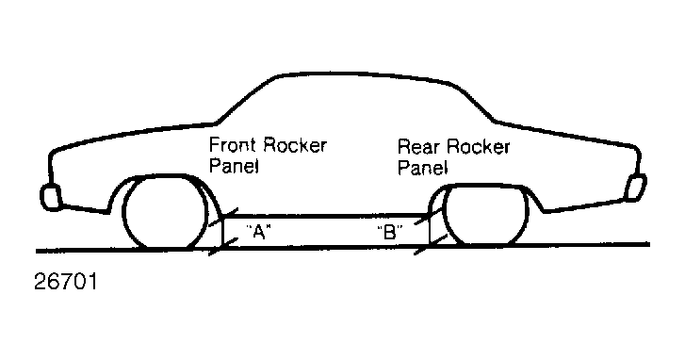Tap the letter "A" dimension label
tap(258, 232)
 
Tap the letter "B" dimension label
tap(390, 232)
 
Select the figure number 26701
tap(66, 281)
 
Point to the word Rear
tap(417, 147)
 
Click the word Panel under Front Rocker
tap(235, 166)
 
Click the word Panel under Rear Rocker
tap(423, 168)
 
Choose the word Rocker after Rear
tap(477, 147)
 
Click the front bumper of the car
tap(50, 197)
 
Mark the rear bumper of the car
tap(636, 188)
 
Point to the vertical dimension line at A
tap(222, 232)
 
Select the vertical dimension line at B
tap(430, 230)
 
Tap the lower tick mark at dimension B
tap(431, 245)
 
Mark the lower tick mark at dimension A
tap(222, 247)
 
